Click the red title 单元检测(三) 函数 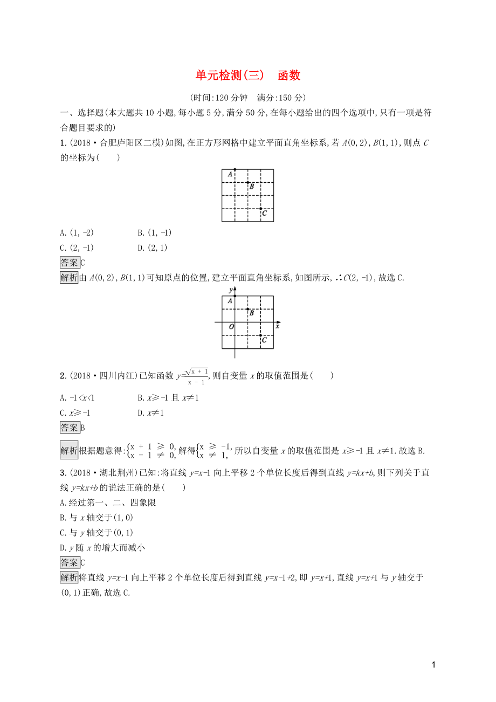(x=247, y=75)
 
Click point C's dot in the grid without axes (x=261, y=208)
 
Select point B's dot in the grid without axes (x=248, y=183)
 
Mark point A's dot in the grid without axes (x=235, y=170)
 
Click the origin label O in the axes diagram (x=231, y=327)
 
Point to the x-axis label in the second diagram (x=277, y=326)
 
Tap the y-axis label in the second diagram (x=230, y=290)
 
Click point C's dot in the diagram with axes (x=261, y=335)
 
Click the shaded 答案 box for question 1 (x=70, y=263)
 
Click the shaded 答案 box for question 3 (x=70, y=562)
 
